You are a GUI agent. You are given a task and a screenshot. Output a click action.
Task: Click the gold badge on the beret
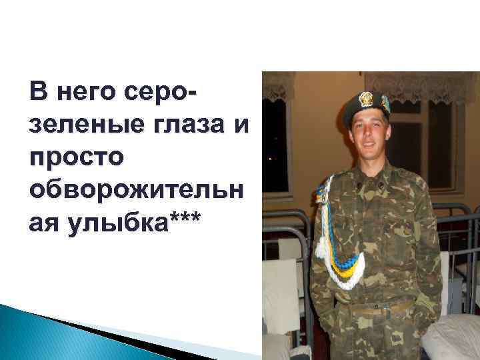coord(365,100)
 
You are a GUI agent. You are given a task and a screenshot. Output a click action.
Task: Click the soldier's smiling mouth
coord(371,149)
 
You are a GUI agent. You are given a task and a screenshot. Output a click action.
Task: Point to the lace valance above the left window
coord(279,87)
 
